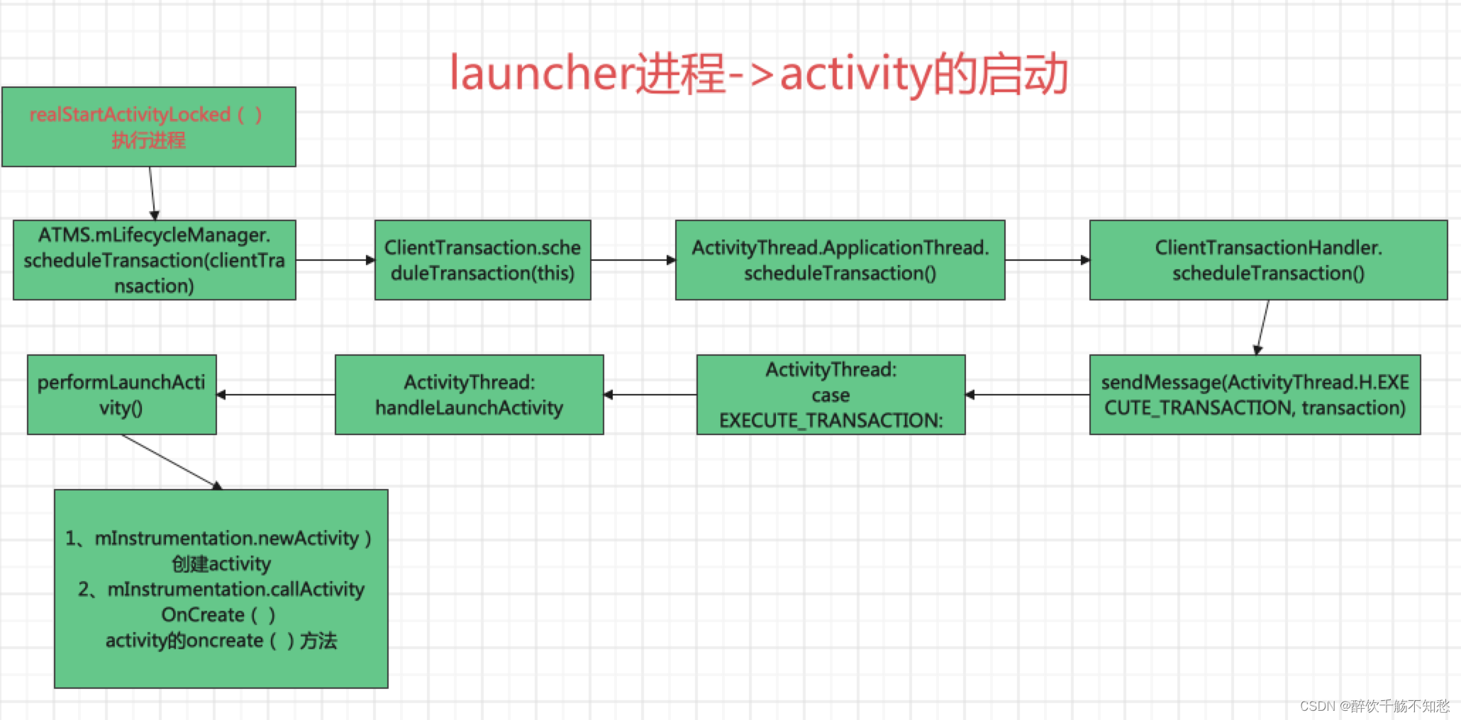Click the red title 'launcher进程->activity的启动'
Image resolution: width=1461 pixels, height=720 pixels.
[759, 74]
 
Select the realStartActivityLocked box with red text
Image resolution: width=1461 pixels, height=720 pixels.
[148, 127]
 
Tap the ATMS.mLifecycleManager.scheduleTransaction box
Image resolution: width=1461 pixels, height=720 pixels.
[154, 260]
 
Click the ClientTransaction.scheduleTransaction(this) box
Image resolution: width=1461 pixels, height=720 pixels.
[482, 260]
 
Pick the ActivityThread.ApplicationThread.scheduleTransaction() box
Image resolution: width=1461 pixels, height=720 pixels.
[840, 260]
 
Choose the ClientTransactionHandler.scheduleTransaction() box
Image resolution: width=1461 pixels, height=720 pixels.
[1267, 260]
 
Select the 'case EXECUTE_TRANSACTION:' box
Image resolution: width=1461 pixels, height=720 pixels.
[831, 395]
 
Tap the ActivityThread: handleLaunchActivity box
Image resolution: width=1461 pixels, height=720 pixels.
[469, 395]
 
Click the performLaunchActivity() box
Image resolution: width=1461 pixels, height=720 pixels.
[121, 395]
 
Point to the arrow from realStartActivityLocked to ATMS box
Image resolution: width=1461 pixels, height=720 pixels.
[152, 193]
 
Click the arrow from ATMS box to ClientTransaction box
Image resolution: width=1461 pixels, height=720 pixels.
[335, 260]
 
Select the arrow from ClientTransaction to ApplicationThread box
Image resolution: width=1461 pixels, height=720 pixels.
[633, 260]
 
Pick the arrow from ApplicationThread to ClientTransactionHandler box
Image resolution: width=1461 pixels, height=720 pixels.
[1047, 260]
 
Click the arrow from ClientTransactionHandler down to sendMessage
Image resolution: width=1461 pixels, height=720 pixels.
[1263, 327]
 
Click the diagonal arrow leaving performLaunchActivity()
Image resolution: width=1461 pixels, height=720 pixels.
[172, 461]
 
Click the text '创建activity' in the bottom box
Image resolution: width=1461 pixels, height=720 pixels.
[221, 564]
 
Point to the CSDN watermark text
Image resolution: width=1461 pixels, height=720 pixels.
[1374, 706]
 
